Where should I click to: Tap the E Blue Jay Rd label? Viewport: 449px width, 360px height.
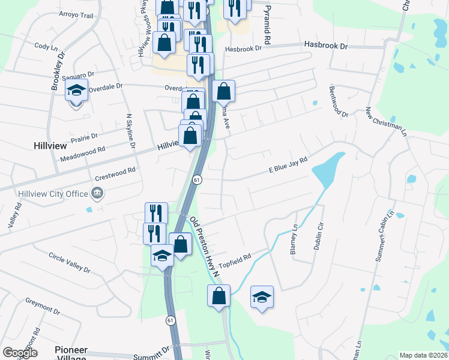pos(288,165)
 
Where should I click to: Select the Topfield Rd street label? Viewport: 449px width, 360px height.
pos(234,261)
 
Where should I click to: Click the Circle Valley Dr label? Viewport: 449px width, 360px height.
pos(69,262)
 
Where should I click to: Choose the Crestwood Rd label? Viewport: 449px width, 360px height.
pos(115,174)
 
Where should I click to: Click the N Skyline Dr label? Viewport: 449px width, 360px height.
pos(129,134)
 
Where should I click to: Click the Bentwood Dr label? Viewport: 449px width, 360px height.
pos(339,101)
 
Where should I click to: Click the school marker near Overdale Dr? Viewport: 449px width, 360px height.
pos(77,91)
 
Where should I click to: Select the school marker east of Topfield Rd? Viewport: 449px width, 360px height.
pos(262,296)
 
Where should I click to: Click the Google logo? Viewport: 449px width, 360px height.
pos(20,353)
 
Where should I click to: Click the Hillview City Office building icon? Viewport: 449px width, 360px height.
pos(96,193)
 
